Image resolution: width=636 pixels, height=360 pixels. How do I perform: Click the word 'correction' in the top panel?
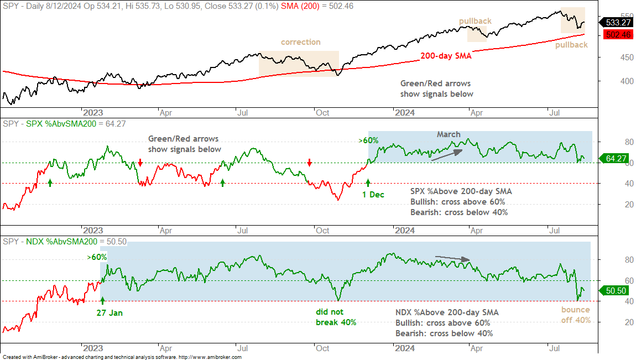click(x=300, y=42)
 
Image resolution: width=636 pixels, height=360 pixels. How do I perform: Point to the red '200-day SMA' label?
click(x=446, y=56)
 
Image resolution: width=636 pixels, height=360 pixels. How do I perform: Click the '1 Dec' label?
click(x=373, y=195)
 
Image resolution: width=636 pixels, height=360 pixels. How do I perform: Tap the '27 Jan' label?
click(x=110, y=313)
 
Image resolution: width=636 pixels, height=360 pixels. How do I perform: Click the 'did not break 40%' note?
click(x=336, y=317)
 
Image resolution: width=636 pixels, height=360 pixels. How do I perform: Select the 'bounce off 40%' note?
click(x=576, y=315)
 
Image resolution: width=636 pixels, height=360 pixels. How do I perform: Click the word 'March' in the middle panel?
click(x=449, y=134)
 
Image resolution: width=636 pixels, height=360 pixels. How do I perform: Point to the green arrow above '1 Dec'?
click(x=368, y=182)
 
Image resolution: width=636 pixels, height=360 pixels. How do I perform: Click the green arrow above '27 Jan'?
click(x=102, y=300)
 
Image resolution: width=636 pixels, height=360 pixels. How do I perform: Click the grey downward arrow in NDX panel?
click(x=452, y=258)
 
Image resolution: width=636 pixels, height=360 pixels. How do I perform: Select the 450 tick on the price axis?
click(x=627, y=58)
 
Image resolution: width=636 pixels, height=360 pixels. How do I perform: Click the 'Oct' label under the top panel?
click(x=322, y=113)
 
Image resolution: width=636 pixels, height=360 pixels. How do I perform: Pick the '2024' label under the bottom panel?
click(x=405, y=348)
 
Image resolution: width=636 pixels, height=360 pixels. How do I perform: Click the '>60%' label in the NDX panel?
click(x=97, y=257)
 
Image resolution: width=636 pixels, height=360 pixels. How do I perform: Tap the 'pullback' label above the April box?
click(x=476, y=21)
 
